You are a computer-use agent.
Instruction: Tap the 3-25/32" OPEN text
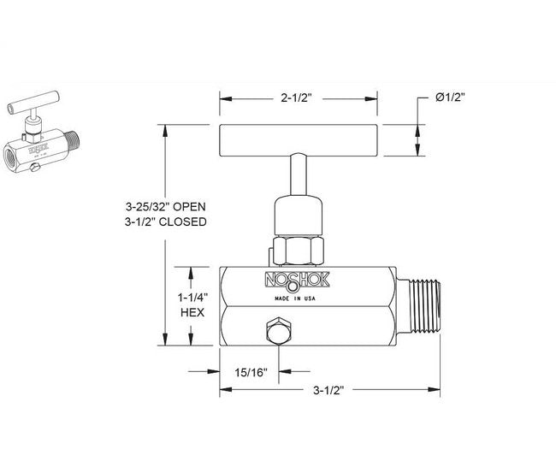tap(165, 206)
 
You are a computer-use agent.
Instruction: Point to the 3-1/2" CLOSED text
tap(165, 222)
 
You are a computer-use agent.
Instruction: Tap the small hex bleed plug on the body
tap(278, 333)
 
